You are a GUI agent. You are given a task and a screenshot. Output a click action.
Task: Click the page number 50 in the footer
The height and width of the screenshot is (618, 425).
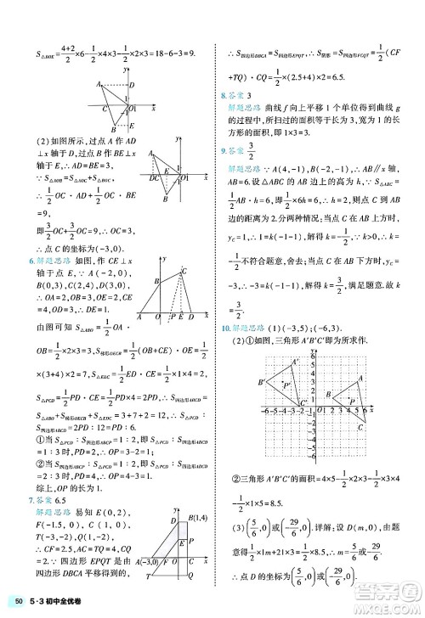click(19, 604)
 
